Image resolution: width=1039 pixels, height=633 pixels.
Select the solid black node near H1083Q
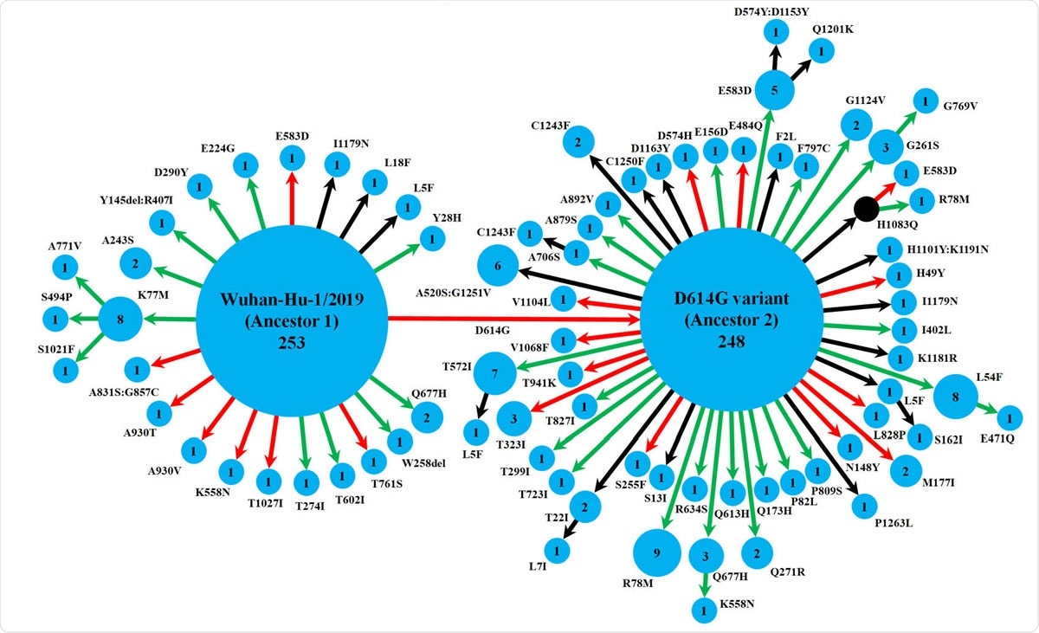866,209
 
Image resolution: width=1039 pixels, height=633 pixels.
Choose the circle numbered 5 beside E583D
775,89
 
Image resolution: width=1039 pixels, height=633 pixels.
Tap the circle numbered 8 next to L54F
956,397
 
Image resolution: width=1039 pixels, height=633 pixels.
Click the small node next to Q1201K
816,52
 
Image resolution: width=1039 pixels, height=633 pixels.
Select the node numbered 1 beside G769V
926,101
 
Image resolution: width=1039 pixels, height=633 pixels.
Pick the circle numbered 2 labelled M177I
906,470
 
